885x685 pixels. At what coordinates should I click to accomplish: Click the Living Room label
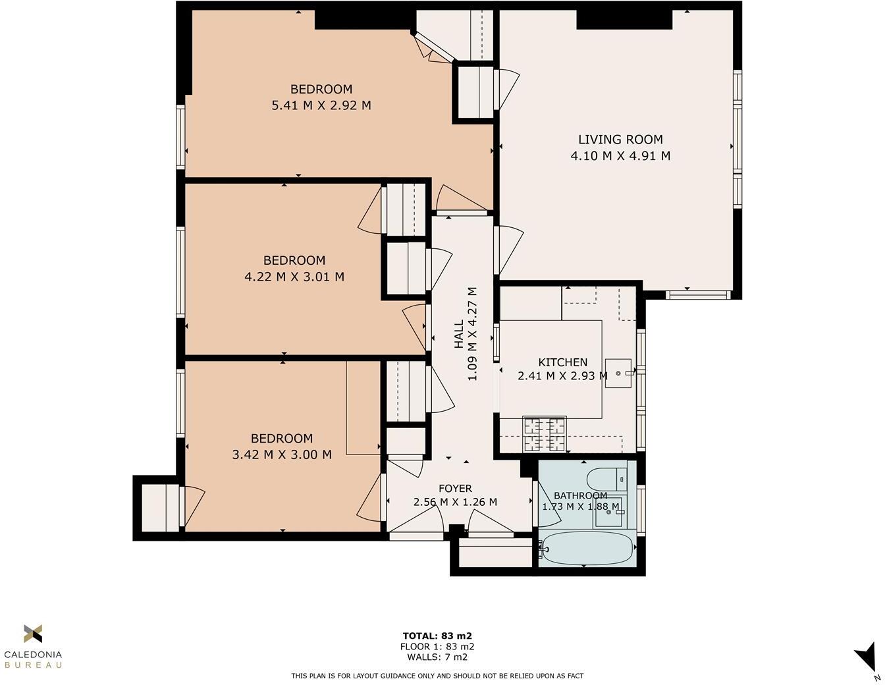click(620, 140)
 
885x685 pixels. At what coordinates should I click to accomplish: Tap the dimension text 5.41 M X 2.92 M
click(321, 105)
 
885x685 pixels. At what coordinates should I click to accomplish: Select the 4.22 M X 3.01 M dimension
click(294, 277)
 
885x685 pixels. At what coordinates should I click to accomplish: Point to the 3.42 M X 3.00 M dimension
click(282, 454)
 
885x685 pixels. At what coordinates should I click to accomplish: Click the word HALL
click(459, 334)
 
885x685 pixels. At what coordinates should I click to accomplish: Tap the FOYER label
click(455, 489)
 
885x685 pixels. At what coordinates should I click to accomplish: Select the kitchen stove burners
click(545, 434)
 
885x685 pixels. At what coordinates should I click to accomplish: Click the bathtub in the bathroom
click(586, 547)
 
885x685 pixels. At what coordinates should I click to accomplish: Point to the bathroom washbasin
click(608, 512)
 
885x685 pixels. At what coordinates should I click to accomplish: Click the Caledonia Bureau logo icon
click(33, 634)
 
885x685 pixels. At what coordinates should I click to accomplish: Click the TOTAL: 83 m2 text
click(437, 636)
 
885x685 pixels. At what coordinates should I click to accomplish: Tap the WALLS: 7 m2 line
click(437, 657)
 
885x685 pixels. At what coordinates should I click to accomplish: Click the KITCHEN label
click(563, 362)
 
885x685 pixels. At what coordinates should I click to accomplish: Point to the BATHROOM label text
click(580, 496)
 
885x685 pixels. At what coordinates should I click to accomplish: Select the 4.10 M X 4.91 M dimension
click(620, 156)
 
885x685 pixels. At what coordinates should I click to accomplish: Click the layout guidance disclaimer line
click(437, 676)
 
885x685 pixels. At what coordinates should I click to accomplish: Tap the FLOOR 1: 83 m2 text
click(437, 646)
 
